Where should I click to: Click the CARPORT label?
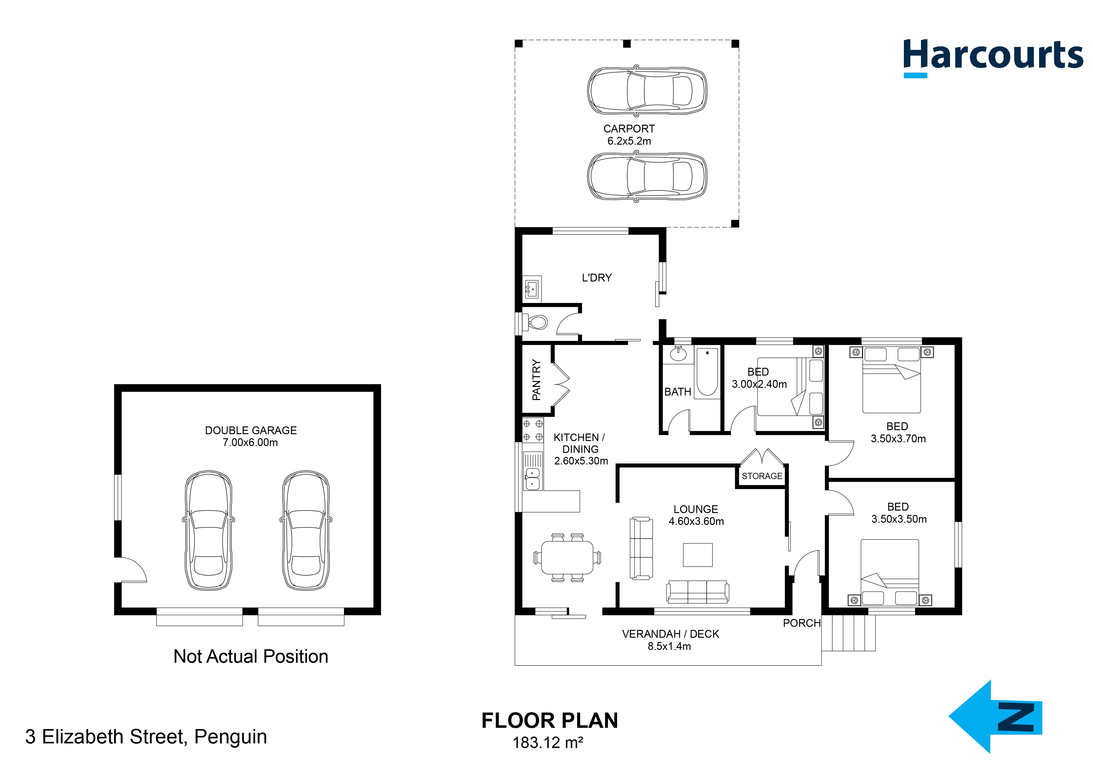pyautogui.click(x=629, y=129)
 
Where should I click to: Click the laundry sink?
pyautogui.click(x=531, y=288)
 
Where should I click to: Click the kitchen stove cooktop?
pyautogui.click(x=533, y=430)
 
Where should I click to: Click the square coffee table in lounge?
pyautogui.click(x=697, y=555)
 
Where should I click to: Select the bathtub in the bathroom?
pyautogui.click(x=707, y=372)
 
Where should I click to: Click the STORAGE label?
pyautogui.click(x=762, y=476)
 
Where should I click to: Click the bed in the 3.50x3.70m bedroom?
pyautogui.click(x=891, y=381)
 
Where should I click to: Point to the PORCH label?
pyautogui.click(x=802, y=623)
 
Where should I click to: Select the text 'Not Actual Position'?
pyautogui.click(x=251, y=656)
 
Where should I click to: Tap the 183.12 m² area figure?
pyautogui.click(x=547, y=742)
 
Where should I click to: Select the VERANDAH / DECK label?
pyautogui.click(x=670, y=634)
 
